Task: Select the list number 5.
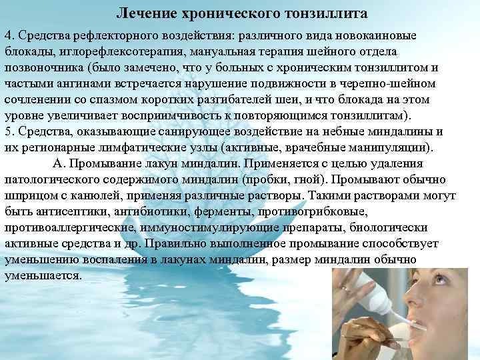[x=8, y=131]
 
